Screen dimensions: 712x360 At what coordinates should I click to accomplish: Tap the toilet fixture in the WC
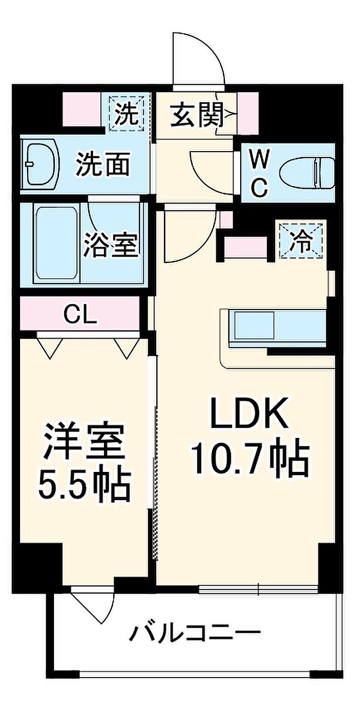307,171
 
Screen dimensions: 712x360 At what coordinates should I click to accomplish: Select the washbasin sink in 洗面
40,165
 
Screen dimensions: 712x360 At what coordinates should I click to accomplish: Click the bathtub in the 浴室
56,243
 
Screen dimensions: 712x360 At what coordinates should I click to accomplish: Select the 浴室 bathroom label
111,244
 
